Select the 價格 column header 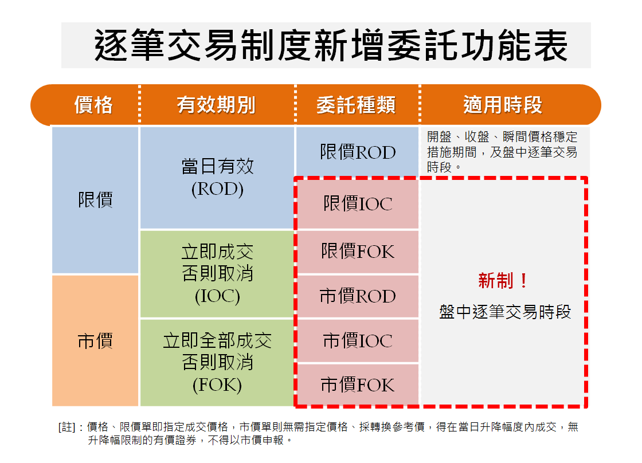[x=93, y=105]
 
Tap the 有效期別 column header [x=216, y=105]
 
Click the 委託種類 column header [x=356, y=105]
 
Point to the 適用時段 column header [x=502, y=105]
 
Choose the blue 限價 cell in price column [x=95, y=200]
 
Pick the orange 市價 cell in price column [x=95, y=341]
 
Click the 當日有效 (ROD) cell [x=217, y=178]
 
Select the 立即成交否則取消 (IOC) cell [x=217, y=274]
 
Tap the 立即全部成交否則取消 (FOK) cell [x=217, y=363]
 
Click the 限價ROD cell [x=358, y=152]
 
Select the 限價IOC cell [x=358, y=203]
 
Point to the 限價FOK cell [x=358, y=251]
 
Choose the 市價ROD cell [x=358, y=296]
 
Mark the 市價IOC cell [x=358, y=341]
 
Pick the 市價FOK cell [x=358, y=384]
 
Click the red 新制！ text [x=503, y=281]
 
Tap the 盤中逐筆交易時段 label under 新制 [x=504, y=312]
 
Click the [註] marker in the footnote [x=66, y=427]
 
